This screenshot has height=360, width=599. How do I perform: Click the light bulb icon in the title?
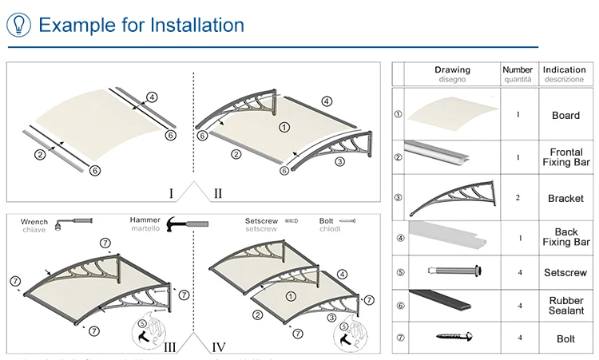(18, 24)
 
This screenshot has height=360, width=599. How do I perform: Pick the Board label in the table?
(565, 115)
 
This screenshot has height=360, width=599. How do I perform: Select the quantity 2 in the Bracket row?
(518, 197)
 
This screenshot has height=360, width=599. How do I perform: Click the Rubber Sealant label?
(565, 306)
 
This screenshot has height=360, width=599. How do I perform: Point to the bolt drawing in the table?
(452, 338)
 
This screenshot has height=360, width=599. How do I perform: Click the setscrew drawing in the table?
(452, 271)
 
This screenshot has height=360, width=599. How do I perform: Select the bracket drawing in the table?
(452, 198)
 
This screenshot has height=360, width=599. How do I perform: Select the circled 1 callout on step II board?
(284, 126)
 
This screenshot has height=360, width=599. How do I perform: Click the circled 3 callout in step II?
(339, 161)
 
